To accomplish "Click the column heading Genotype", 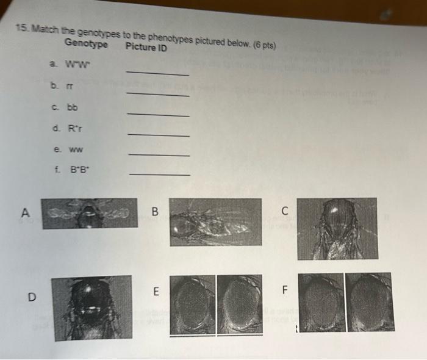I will pyautogui.click(x=86, y=44).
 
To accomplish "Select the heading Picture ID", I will pyautogui.click(x=146, y=47).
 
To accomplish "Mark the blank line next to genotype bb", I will pyautogui.click(x=159, y=115).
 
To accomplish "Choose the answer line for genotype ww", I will pyautogui.click(x=159, y=156).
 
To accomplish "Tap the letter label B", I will pyautogui.click(x=155, y=212).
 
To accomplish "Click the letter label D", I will pyautogui.click(x=31, y=297).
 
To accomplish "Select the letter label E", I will pyautogui.click(x=155, y=292).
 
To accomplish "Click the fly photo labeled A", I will pyautogui.click(x=90, y=213).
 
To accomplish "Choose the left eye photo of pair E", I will pyautogui.click(x=192, y=304).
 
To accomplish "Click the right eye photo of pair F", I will pyautogui.click(x=370, y=301).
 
